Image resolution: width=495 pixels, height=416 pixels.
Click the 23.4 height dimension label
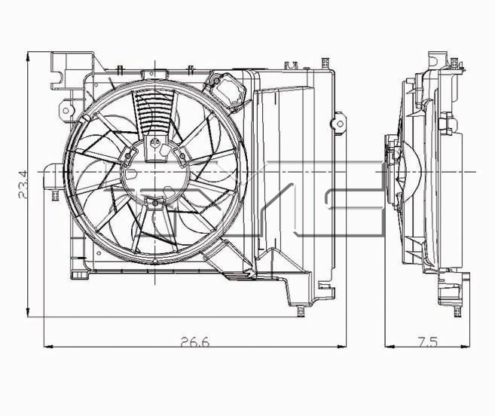point(23,184)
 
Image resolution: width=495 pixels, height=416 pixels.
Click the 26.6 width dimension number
point(195,342)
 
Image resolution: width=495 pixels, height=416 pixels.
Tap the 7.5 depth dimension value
point(428,342)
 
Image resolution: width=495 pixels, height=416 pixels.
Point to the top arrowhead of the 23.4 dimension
point(28,57)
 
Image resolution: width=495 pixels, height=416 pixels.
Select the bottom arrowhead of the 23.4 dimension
point(28,312)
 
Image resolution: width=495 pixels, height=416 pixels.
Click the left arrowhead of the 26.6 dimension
point(48,347)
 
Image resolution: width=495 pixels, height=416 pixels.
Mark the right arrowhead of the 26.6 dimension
point(341,347)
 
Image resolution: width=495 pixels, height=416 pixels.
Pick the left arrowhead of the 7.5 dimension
point(390,347)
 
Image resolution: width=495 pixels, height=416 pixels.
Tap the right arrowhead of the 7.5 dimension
point(465,347)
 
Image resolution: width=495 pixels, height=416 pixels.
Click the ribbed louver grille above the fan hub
point(154,112)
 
